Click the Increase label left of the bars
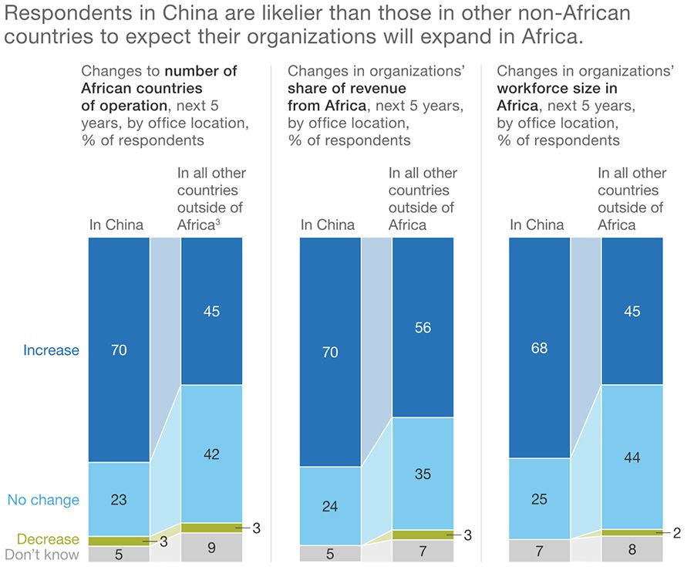pos(51,350)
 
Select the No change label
pos(43,500)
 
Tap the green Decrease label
pos(48,539)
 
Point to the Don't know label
pos(42,554)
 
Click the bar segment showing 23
pos(119,499)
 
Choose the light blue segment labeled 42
pos(211,454)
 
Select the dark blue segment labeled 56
pos(423,327)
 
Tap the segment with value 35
pos(423,474)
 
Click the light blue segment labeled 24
pos(329,506)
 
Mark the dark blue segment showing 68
pos(539,347)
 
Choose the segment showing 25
pos(539,499)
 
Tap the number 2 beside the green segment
pos(676,532)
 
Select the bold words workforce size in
pos(557,89)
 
